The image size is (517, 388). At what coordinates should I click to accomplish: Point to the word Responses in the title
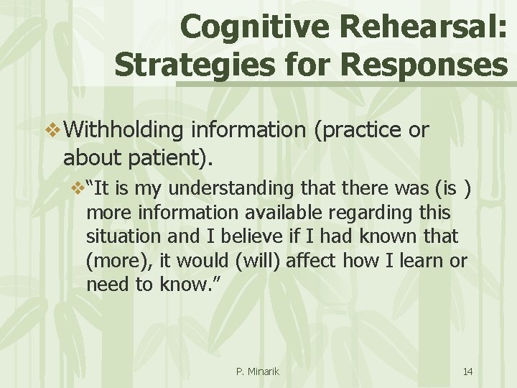424,65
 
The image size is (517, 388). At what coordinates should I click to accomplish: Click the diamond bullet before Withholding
54,131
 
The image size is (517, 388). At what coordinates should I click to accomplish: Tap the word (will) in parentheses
255,260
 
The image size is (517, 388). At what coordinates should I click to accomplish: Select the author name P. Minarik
258,371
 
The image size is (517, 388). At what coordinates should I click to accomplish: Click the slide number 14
467,371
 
